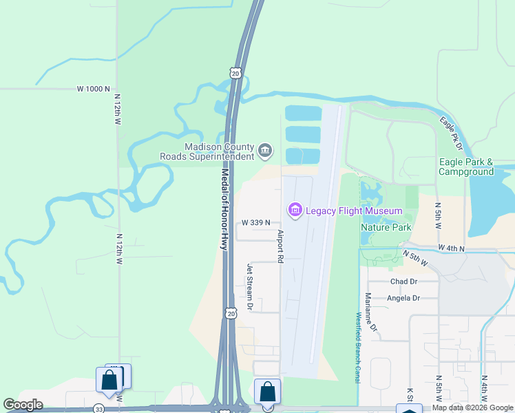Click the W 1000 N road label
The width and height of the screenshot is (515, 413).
pyautogui.click(x=93, y=89)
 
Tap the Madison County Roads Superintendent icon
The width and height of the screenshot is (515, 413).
pyautogui.click(x=264, y=150)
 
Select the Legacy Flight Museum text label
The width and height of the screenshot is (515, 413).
pyautogui.click(x=354, y=210)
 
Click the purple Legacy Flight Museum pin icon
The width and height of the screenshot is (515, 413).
pyautogui.click(x=295, y=209)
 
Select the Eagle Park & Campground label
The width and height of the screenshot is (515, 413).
pyautogui.click(x=466, y=167)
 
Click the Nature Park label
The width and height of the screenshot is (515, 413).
pyautogui.click(x=386, y=226)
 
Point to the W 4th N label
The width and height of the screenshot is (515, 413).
pyautogui.click(x=452, y=248)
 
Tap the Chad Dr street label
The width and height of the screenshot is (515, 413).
pyautogui.click(x=404, y=282)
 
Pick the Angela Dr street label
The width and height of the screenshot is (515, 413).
pyautogui.click(x=403, y=298)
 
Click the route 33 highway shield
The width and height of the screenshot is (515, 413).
pyautogui.click(x=99, y=409)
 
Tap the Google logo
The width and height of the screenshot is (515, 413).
pyautogui.click(x=23, y=405)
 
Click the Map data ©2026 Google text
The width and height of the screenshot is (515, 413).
pyautogui.click(x=472, y=407)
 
